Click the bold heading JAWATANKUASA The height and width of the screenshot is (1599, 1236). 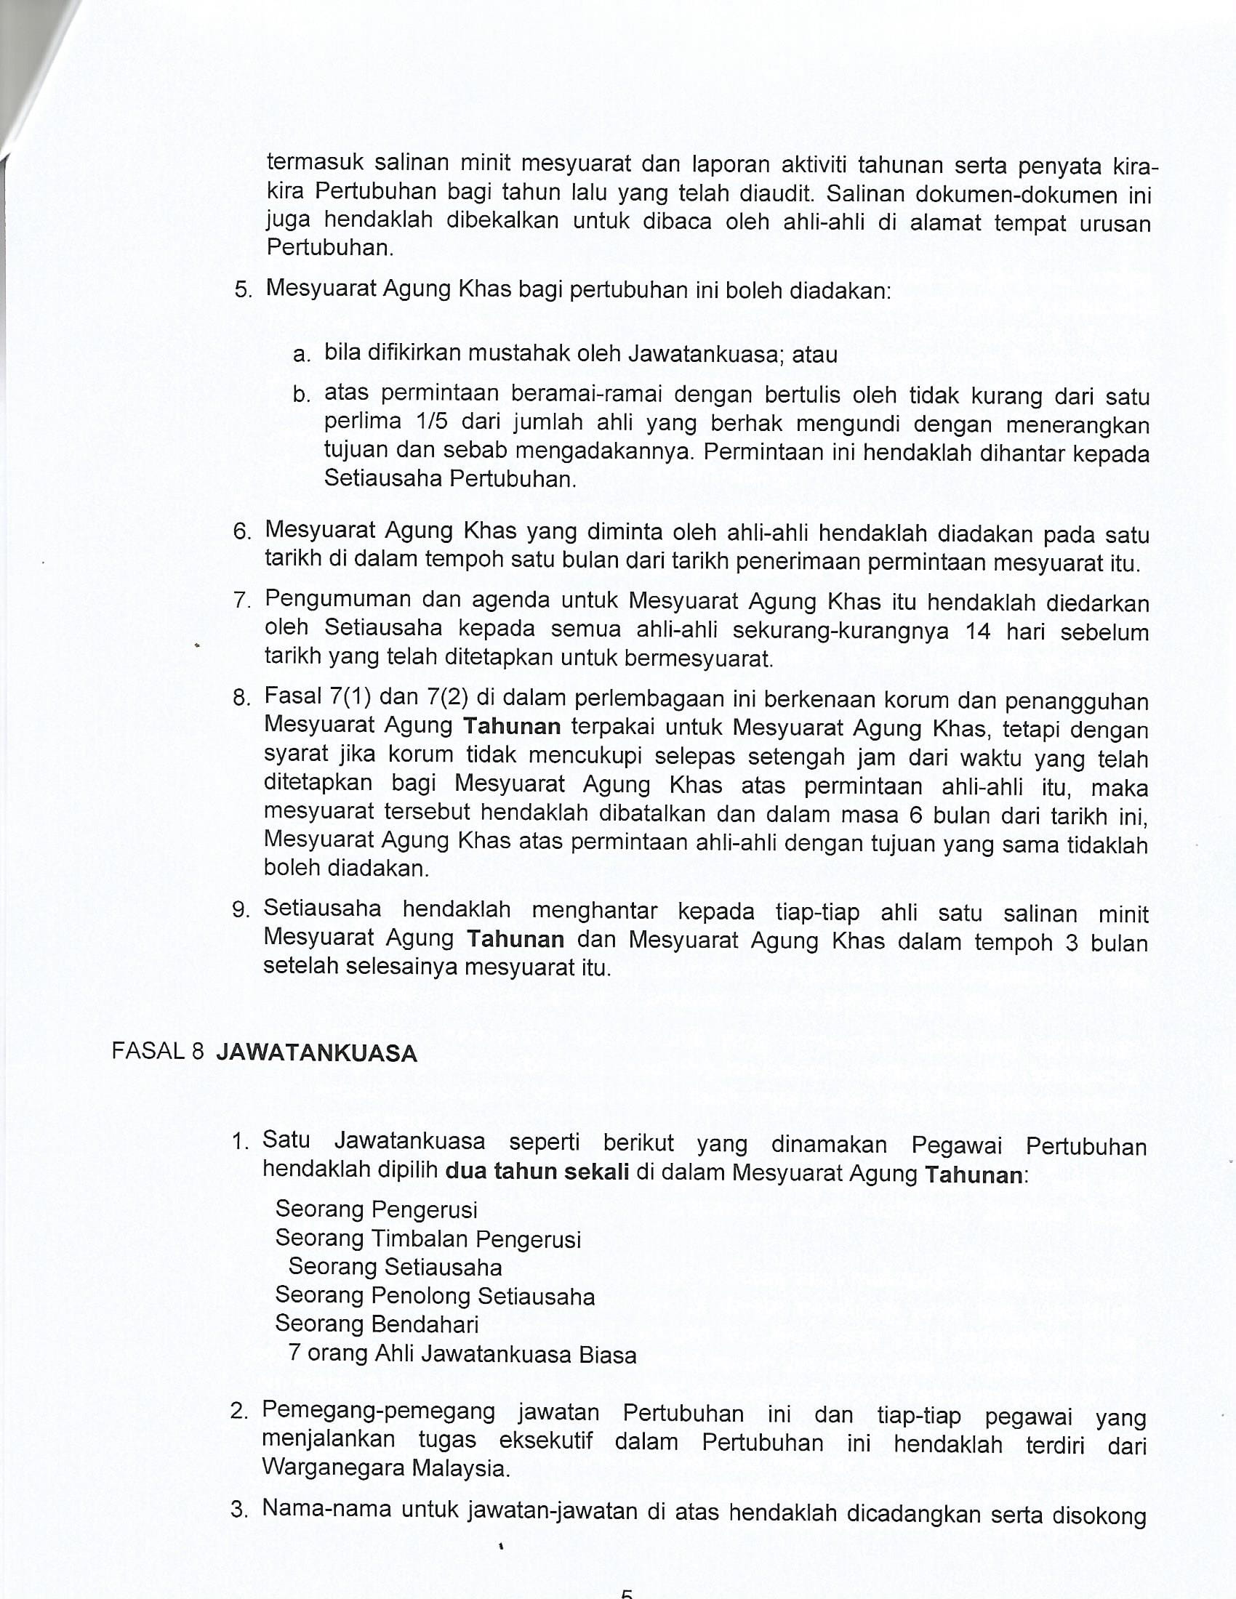coord(316,1054)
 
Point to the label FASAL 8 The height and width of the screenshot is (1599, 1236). coord(158,1052)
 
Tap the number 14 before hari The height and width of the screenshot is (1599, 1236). coord(978,630)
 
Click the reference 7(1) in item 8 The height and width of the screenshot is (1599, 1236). coord(346,696)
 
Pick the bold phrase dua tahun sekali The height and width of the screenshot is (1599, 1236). coord(537,1172)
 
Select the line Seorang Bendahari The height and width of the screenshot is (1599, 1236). coord(377,1324)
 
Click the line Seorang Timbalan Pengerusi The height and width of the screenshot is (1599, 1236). coord(428,1238)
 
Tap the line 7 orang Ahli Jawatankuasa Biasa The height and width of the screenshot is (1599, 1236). coord(462,1354)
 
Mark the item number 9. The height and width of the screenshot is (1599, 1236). coord(240,910)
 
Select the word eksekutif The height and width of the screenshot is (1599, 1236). coord(545,1440)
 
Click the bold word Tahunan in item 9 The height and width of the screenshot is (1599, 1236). coord(515,939)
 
